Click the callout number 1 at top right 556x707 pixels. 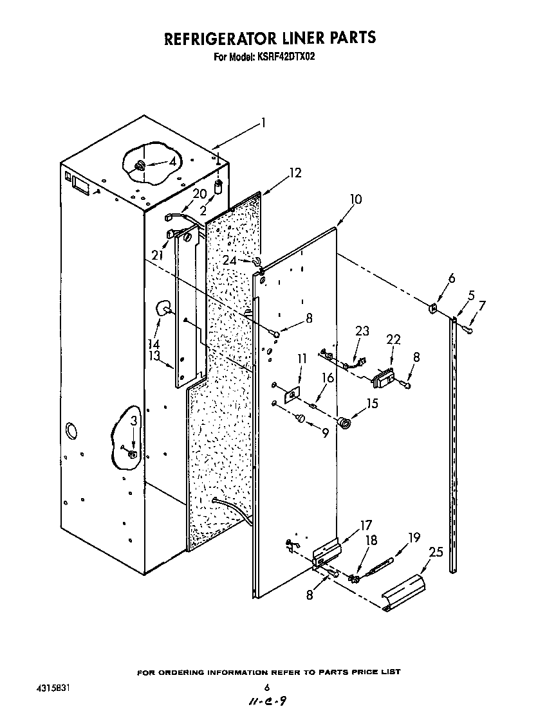pyautogui.click(x=262, y=123)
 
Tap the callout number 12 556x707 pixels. pyautogui.click(x=295, y=173)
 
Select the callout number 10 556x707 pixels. pyautogui.click(x=355, y=200)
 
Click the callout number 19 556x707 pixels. pyautogui.click(x=414, y=537)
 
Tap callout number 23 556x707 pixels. pyautogui.click(x=362, y=332)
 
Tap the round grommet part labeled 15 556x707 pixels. pyautogui.click(x=346, y=422)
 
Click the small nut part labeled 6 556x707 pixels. pyautogui.click(x=433, y=309)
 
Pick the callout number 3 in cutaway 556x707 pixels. pyautogui.click(x=133, y=422)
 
